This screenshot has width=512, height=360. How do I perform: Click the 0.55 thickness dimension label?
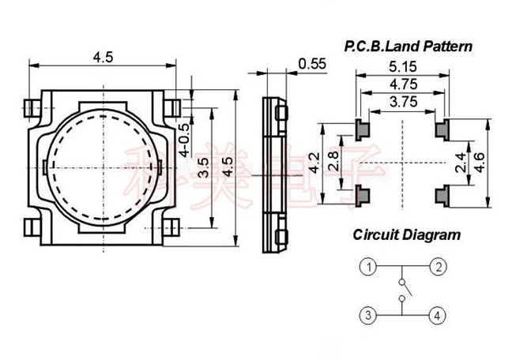coord(311,65)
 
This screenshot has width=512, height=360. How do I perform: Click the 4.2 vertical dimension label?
coord(314,164)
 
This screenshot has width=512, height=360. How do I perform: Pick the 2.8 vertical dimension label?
coord(334,163)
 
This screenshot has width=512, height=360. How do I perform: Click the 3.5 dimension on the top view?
coord(203,167)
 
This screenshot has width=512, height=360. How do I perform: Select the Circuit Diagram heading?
coord(407,234)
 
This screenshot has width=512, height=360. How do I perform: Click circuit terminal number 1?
coord(368,267)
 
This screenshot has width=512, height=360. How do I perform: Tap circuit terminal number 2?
coord(438,267)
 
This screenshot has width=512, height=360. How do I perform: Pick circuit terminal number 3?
coord(368,317)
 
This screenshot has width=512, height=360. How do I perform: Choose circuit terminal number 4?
coord(438,317)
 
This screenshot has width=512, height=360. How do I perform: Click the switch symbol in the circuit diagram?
coord(403,291)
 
